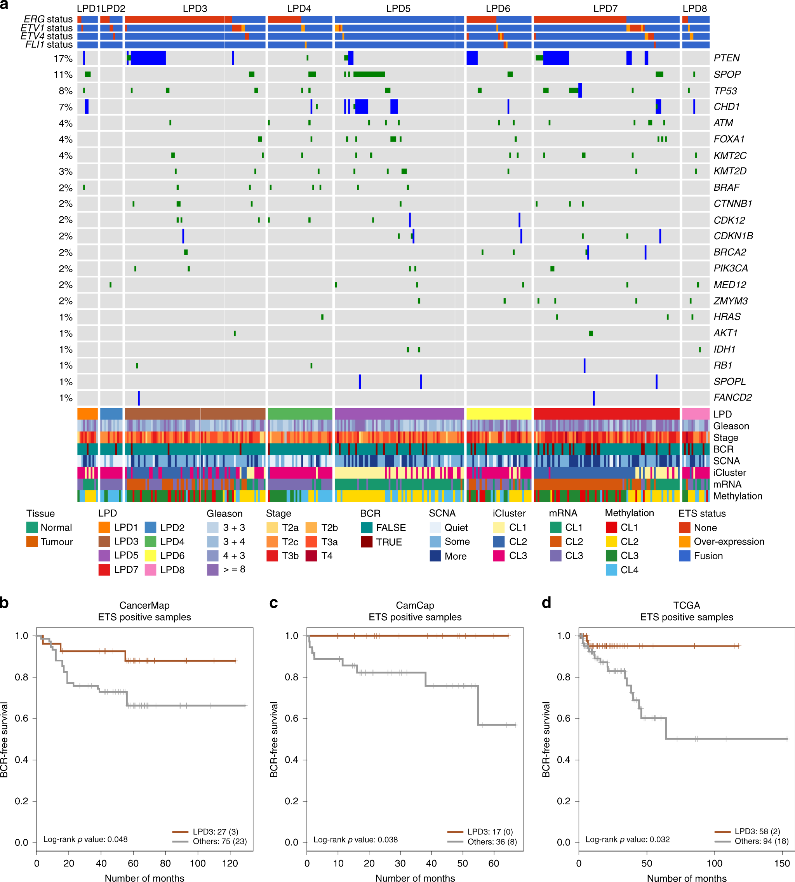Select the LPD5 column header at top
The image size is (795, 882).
click(398, 9)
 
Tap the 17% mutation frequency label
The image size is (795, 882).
click(63, 59)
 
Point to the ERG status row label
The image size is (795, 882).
click(48, 19)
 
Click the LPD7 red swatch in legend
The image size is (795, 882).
click(104, 570)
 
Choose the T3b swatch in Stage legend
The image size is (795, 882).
click(272, 556)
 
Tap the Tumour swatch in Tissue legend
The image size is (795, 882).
click(32, 542)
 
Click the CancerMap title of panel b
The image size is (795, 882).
click(144, 605)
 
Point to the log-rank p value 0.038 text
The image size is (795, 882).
click(356, 839)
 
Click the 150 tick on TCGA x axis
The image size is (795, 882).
click(782, 863)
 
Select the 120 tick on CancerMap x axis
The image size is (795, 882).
click(230, 863)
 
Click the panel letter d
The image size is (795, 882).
click(546, 603)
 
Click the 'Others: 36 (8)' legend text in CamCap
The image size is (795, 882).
click(492, 841)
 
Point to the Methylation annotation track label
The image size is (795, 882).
click(738, 496)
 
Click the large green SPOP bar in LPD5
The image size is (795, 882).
click(369, 74)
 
